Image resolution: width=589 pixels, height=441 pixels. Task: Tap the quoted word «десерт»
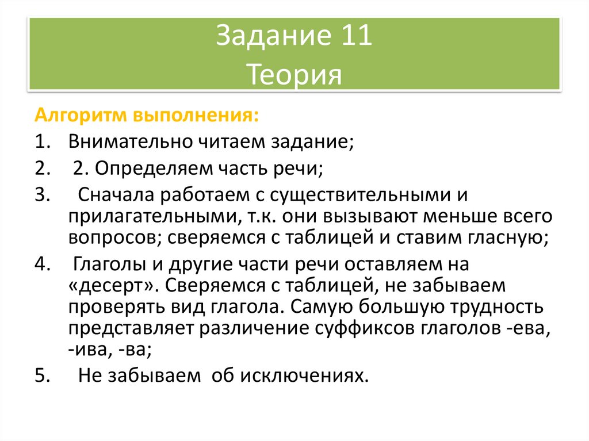(x=111, y=286)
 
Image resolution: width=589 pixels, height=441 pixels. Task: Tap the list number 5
(x=40, y=376)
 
